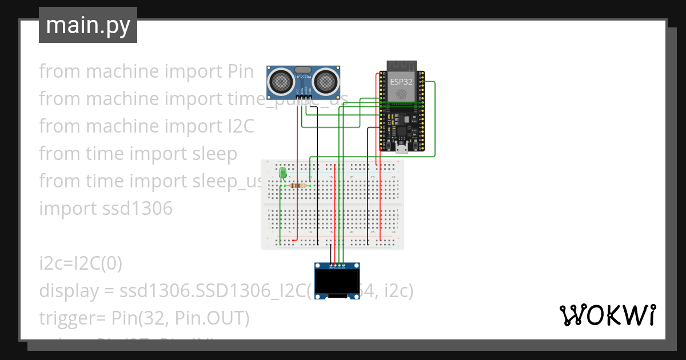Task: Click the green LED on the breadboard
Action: [x=282, y=172]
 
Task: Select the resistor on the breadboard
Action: [x=297, y=185]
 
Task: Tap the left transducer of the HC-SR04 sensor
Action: [x=281, y=81]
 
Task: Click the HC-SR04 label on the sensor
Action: [x=304, y=77]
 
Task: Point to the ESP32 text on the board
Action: [x=401, y=81]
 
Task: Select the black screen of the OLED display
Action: [x=337, y=281]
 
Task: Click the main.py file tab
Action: [x=88, y=25]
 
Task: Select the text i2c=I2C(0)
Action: [x=80, y=263]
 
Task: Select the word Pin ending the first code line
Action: [x=241, y=71]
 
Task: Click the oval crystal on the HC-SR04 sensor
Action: [x=304, y=70]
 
